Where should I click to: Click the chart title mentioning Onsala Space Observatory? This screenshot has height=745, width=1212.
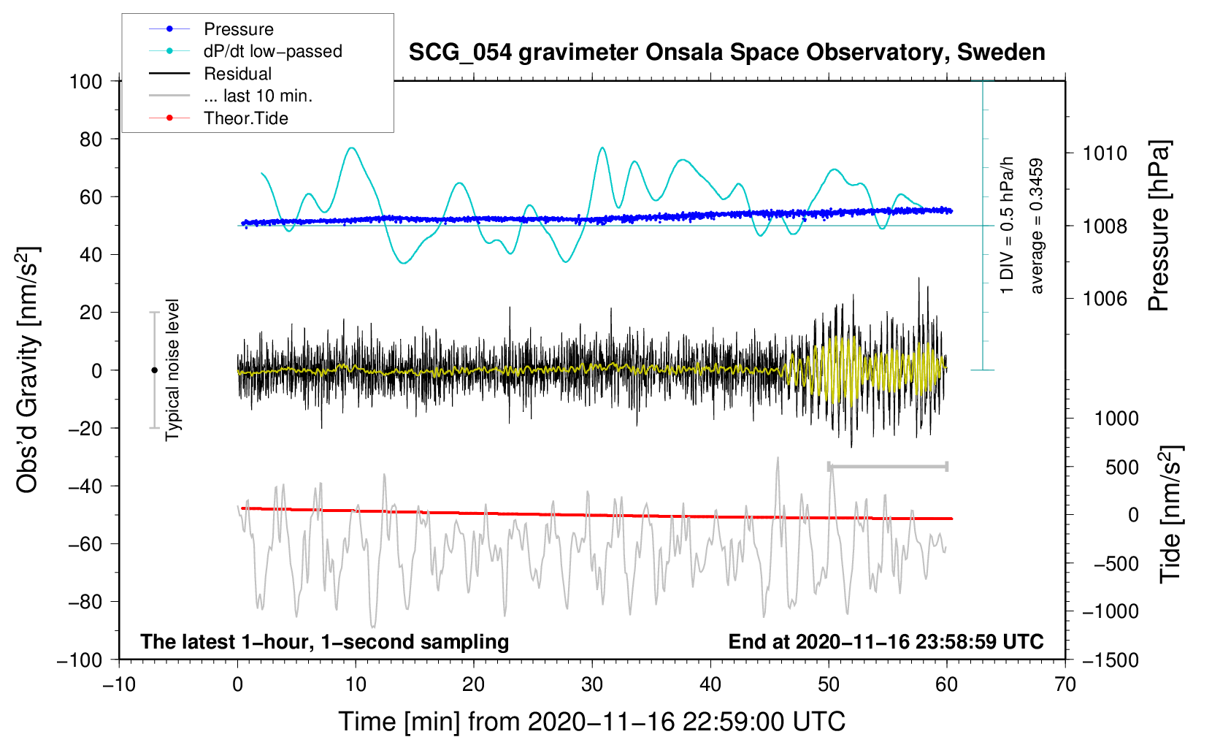(726, 53)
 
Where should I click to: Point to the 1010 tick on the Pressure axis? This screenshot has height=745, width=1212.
(1105, 153)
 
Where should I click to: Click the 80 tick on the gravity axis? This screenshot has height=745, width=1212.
(91, 140)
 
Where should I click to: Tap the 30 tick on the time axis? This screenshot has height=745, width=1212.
(592, 685)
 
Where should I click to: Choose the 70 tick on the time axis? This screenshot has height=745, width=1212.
(1065, 685)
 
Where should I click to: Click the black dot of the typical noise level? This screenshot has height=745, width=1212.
(154, 370)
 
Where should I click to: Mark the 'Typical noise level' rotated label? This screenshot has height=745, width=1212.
(172, 370)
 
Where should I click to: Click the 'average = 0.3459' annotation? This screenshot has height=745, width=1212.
(1036, 226)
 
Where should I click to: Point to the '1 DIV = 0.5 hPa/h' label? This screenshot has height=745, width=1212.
(1006, 226)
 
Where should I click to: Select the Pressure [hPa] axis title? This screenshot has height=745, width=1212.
(1159, 226)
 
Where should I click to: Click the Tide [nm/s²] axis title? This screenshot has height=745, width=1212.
(1170, 514)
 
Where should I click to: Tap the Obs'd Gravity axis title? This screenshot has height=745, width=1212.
(27, 370)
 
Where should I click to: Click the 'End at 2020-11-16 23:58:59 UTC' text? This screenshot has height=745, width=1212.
(886, 641)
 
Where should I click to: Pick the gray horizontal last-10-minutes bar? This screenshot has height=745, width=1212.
(887, 466)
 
